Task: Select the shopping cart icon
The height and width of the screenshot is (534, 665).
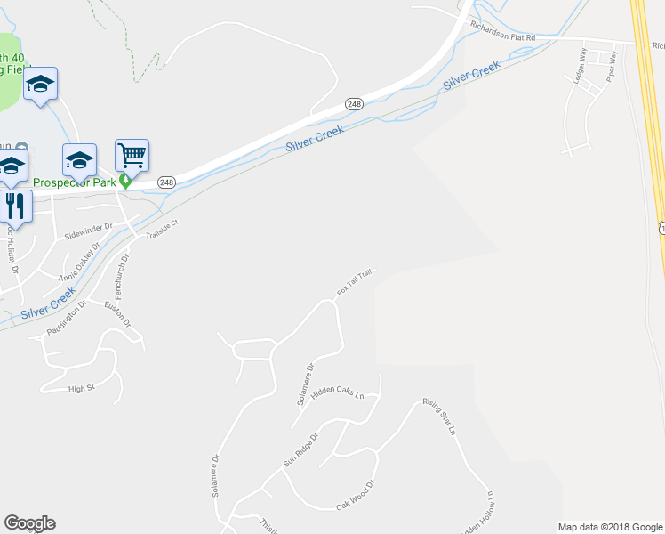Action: coord(132,156)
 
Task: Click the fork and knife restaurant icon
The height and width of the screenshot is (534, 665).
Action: coord(15,206)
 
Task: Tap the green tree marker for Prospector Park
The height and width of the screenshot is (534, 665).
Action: coord(126,181)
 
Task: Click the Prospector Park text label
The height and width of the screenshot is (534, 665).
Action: coord(75,182)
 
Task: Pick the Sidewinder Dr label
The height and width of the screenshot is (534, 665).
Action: coord(89,232)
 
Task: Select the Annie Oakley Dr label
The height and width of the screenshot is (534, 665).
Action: coord(86,265)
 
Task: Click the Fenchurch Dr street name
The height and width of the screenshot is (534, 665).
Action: coord(122,277)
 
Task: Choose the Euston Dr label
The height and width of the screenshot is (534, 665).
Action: coord(117,315)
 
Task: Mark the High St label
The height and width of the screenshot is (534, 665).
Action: coord(81,388)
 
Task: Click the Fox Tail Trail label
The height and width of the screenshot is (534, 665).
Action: coord(354,281)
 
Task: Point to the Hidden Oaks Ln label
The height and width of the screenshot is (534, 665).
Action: coord(338,392)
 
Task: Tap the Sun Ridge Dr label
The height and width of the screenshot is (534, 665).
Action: coord(300,450)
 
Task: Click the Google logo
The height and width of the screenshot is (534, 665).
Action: coord(29,522)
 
